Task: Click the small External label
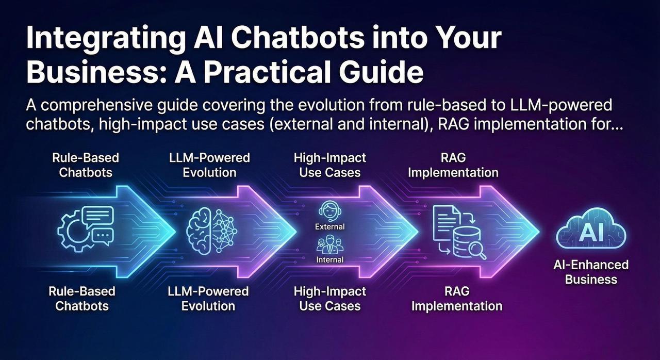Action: pos(329,226)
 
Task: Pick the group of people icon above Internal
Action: pos(329,244)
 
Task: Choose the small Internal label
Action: pos(329,259)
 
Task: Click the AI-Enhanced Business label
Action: pos(591,272)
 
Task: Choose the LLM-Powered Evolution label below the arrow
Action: pos(208,299)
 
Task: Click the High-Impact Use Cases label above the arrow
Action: pos(329,165)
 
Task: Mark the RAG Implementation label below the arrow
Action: pos(456,299)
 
